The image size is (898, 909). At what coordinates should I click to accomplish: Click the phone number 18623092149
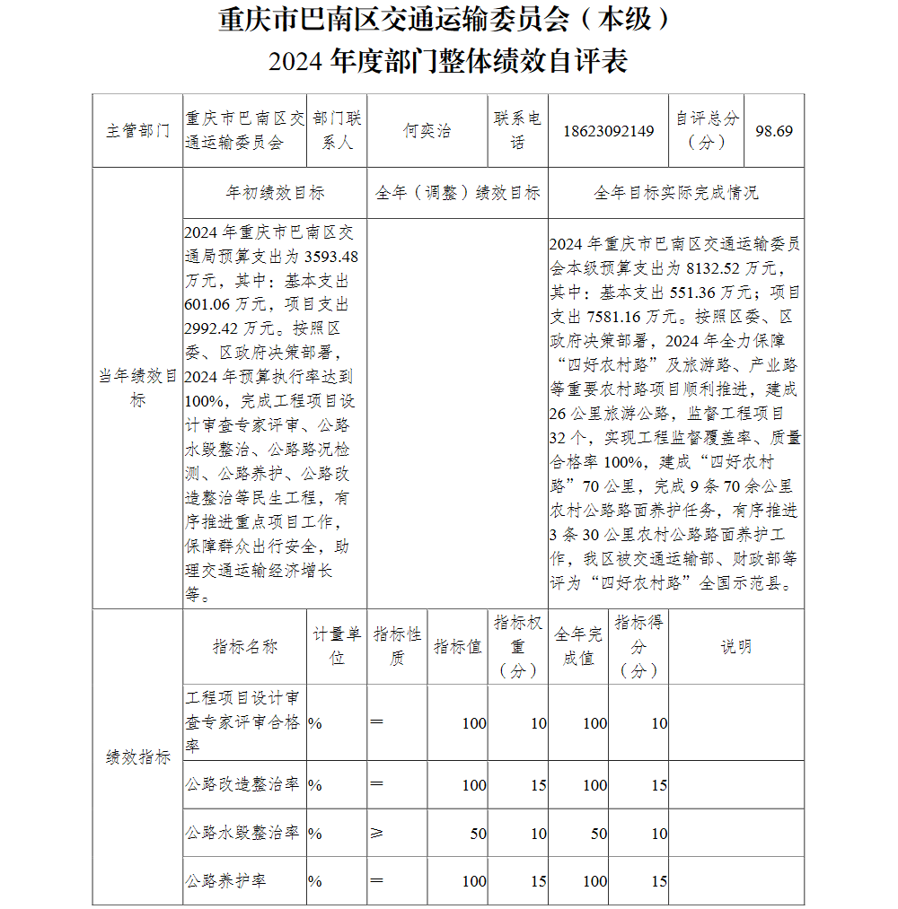click(x=609, y=131)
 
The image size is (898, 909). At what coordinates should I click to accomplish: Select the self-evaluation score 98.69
click(x=774, y=131)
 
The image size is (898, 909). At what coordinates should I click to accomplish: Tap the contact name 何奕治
click(x=427, y=131)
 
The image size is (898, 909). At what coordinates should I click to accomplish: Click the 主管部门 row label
click(x=137, y=131)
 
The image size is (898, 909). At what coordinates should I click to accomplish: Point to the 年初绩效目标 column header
click(x=275, y=193)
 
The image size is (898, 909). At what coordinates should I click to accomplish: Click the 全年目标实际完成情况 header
click(x=675, y=193)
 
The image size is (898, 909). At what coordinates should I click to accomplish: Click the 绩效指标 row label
click(x=137, y=757)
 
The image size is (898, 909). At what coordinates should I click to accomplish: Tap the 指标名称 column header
click(x=244, y=647)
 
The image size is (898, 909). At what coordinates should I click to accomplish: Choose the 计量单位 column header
click(x=337, y=646)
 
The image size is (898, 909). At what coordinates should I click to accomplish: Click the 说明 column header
click(x=736, y=647)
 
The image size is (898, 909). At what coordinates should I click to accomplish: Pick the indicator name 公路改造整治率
click(x=242, y=784)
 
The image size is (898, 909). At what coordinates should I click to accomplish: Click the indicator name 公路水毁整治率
click(x=242, y=833)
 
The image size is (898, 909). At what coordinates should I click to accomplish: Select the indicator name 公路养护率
click(x=225, y=881)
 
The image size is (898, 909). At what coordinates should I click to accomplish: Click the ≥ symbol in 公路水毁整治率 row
click(x=376, y=834)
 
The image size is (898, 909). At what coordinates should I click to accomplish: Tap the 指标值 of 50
click(x=478, y=834)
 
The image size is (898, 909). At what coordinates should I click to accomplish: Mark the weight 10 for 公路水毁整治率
click(x=538, y=834)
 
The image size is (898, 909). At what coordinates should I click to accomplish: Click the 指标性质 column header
click(x=397, y=646)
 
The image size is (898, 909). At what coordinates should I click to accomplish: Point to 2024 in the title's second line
click(x=297, y=61)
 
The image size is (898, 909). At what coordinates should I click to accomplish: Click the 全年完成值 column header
click(x=578, y=646)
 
